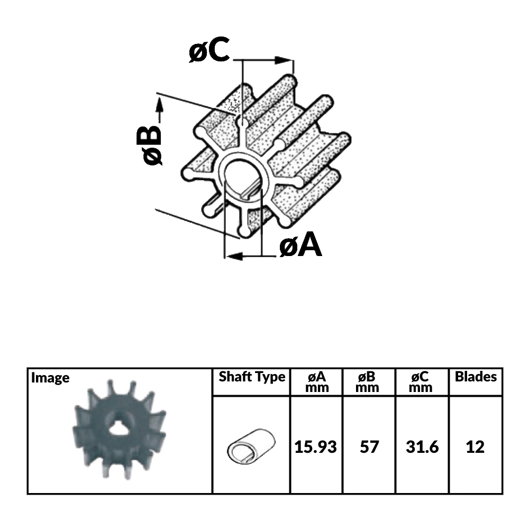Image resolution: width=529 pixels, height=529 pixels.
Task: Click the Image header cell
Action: (x=50, y=378)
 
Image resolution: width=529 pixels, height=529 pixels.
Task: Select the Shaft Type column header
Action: (x=252, y=377)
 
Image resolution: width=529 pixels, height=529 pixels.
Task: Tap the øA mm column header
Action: (x=316, y=382)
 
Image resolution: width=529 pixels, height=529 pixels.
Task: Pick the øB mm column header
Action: (x=369, y=382)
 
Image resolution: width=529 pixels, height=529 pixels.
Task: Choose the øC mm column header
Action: (x=422, y=382)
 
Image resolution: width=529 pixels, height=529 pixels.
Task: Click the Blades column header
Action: (x=476, y=377)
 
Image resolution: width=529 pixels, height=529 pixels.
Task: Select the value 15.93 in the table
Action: (x=316, y=447)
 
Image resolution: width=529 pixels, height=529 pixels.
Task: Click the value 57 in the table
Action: (x=369, y=447)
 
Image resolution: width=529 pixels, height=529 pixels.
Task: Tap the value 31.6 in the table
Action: (x=422, y=447)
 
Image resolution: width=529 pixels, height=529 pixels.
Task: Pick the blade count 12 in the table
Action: (x=476, y=447)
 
